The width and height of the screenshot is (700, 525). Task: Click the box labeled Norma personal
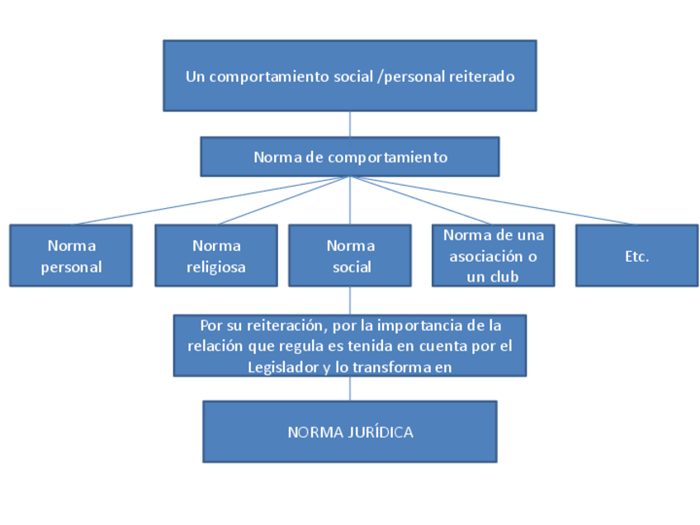tap(71, 256)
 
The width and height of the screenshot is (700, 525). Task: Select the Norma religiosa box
tap(216, 256)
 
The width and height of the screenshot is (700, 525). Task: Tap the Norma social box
tap(350, 256)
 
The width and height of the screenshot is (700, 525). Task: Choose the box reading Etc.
tap(636, 256)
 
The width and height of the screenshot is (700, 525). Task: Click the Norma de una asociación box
tap(493, 256)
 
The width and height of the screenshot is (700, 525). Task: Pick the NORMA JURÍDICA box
tap(350, 432)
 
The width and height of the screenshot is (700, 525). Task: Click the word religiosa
tap(216, 267)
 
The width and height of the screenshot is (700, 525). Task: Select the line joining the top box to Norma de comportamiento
tap(350, 124)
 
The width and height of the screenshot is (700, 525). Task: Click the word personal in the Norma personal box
tap(71, 267)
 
